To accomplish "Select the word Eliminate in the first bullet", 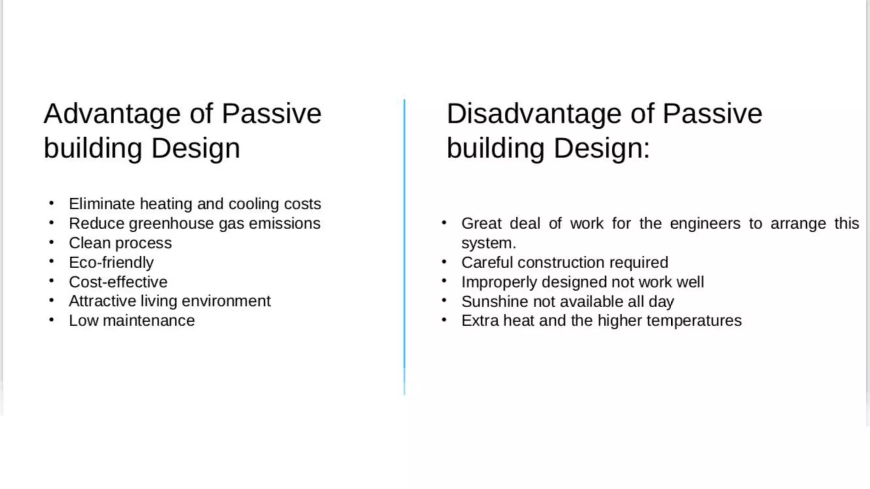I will tap(102, 204).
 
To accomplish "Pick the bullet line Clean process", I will tap(120, 243).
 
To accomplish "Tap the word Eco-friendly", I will tap(111, 263).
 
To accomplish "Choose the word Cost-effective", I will tap(118, 282).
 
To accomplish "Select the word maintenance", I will tap(149, 321).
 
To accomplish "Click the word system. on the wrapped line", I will tap(489, 243).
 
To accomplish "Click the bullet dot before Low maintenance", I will tap(51, 320).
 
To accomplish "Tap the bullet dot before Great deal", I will tap(444, 223).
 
